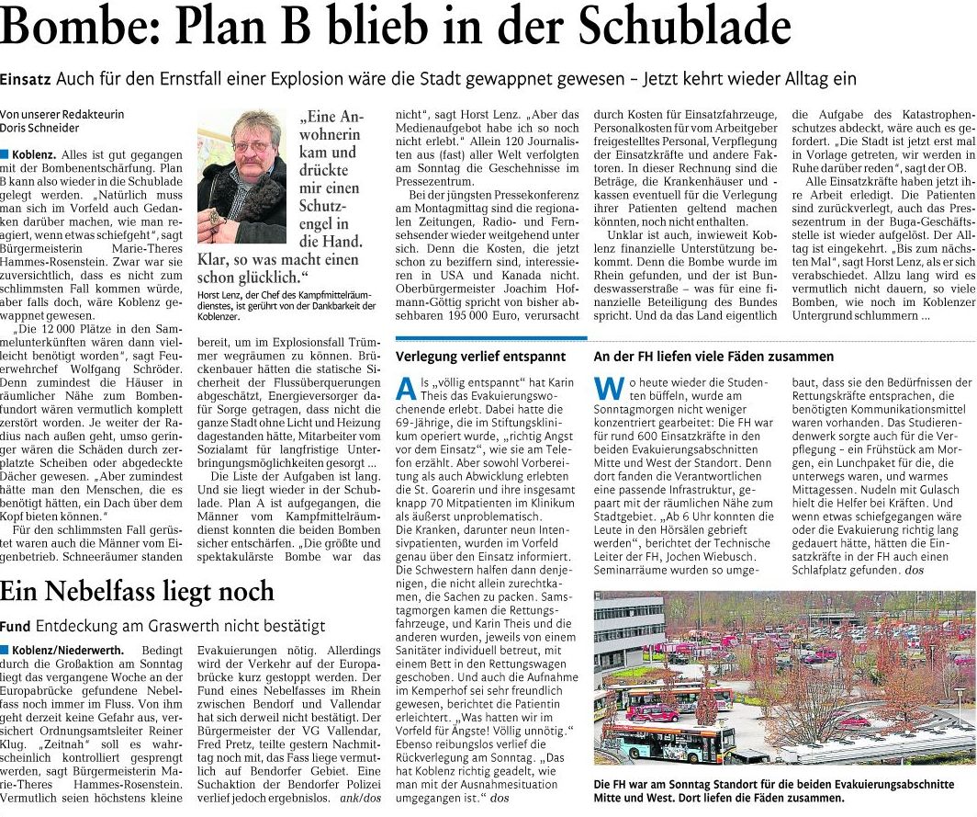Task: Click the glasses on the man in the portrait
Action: click(x=251, y=145)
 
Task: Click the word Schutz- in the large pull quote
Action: click(x=324, y=207)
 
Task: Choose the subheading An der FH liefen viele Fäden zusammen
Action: click(x=701, y=356)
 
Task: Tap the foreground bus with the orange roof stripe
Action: click(x=670, y=742)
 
